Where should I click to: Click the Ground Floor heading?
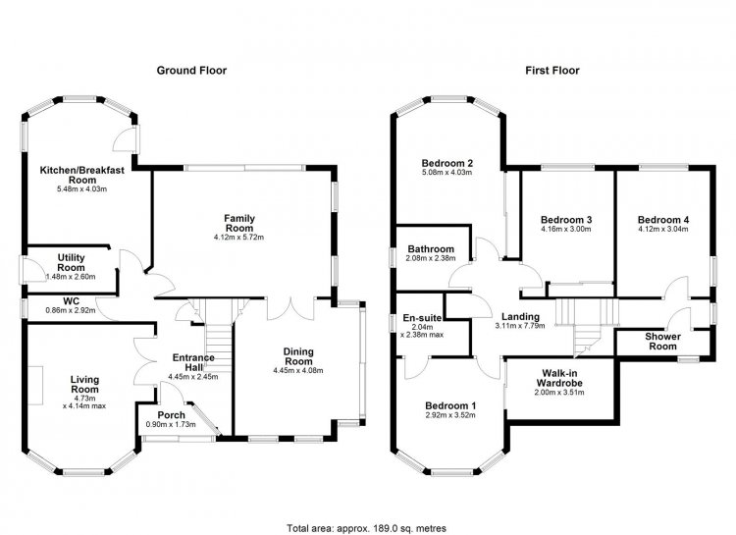click(x=191, y=71)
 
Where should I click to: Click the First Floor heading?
click(x=552, y=71)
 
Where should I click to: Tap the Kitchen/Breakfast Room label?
click(x=82, y=175)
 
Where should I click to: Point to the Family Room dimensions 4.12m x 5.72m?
click(x=238, y=238)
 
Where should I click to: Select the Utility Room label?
click(x=72, y=262)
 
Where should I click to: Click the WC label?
click(x=72, y=301)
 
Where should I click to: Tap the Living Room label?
click(x=84, y=384)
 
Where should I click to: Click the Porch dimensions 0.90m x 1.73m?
click(x=171, y=425)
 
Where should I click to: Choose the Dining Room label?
click(x=298, y=356)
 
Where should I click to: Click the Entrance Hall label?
click(x=193, y=362)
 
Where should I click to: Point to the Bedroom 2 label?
click(x=447, y=164)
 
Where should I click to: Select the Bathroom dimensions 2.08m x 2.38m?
click(x=431, y=258)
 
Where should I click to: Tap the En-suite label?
click(x=422, y=318)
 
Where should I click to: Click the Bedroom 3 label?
click(x=566, y=220)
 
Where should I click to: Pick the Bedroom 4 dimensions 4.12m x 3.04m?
click(x=662, y=230)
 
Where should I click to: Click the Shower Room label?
click(x=662, y=342)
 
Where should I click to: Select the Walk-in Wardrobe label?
click(x=559, y=378)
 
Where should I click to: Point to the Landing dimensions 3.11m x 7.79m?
click(x=520, y=326)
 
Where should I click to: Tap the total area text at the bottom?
click(x=367, y=528)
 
